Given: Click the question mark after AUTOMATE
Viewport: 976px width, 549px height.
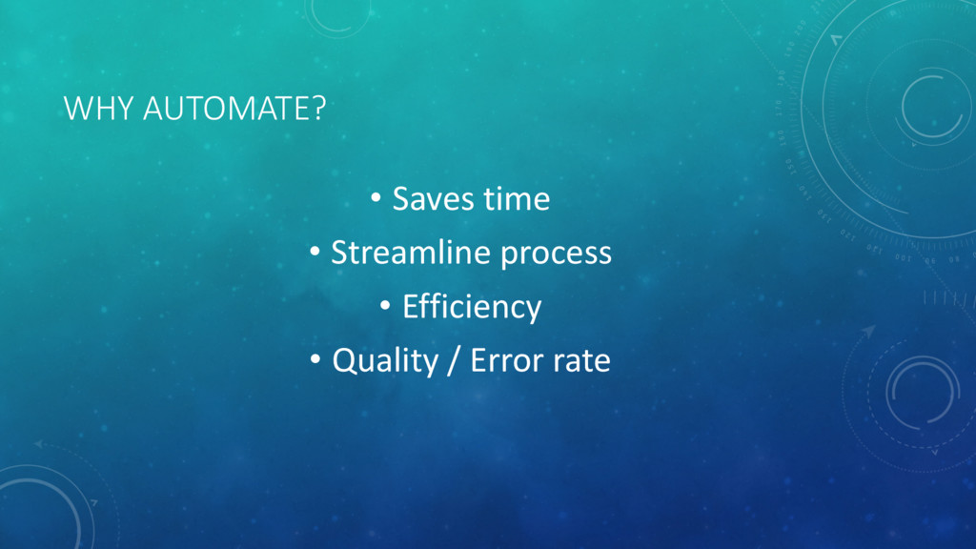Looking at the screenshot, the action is tap(318, 109).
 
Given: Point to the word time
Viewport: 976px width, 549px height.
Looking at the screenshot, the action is tap(517, 199).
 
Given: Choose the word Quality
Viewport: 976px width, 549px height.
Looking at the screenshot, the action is tap(385, 361).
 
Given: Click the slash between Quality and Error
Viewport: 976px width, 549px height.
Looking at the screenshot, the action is tap(455, 361).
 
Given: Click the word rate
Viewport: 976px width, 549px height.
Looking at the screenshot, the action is tap(580, 362).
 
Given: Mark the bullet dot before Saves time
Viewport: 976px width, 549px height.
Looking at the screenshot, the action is tap(376, 198).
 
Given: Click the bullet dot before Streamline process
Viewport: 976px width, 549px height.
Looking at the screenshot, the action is tap(315, 252).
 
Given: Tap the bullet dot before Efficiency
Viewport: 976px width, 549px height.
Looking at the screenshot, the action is tap(385, 305).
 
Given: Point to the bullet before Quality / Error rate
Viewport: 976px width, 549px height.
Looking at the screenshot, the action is tap(315, 359).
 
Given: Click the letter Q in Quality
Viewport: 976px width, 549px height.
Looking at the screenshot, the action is tap(344, 361).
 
